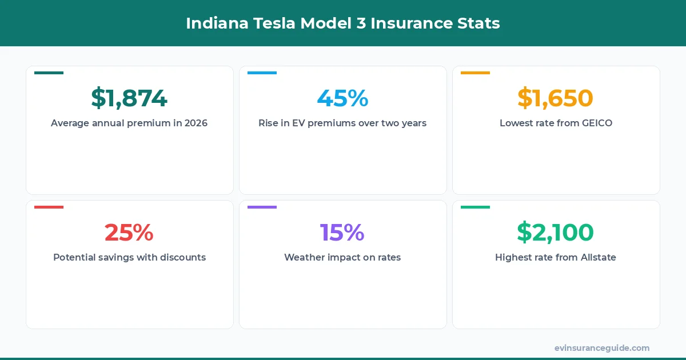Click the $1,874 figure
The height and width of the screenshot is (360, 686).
(129, 98)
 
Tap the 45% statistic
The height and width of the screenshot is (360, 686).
(342, 98)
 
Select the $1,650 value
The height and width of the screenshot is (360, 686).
(556, 98)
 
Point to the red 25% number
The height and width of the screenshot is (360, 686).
(129, 233)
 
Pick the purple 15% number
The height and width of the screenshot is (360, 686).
(342, 233)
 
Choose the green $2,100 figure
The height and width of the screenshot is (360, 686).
(556, 233)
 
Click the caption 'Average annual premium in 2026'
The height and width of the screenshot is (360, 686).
(129, 123)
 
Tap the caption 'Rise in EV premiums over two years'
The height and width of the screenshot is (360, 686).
(342, 123)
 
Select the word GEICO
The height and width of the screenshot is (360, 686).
(595, 123)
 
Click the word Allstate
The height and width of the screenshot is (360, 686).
(598, 257)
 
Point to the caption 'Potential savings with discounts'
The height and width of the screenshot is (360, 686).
(129, 257)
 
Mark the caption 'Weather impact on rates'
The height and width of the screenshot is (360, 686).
(342, 257)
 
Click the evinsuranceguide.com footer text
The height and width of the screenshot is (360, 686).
(601, 347)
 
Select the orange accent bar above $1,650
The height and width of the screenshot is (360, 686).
(475, 73)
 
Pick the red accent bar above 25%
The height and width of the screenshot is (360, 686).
(49, 207)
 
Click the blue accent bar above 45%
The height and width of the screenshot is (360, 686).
(262, 73)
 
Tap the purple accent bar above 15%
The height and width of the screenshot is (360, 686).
(262, 207)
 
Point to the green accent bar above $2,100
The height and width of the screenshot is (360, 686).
(475, 207)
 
